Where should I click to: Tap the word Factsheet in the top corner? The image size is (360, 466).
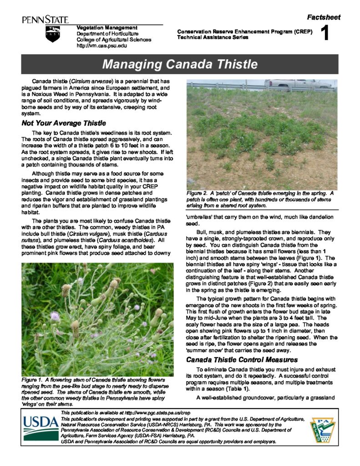pyautogui.click(x=324, y=17)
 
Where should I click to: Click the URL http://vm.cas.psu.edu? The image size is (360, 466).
pyautogui.click(x=102, y=46)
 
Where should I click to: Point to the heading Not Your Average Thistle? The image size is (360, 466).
pyautogui.click(x=64, y=123)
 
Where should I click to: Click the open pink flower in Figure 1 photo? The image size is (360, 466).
pyautogui.click(x=55, y=315)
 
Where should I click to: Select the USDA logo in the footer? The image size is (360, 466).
pyautogui.click(x=41, y=427)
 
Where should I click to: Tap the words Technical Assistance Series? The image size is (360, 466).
pyautogui.click(x=213, y=37)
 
